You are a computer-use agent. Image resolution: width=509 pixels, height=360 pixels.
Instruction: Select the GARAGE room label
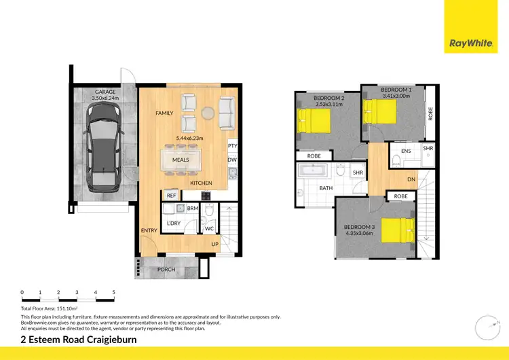pos(105,92)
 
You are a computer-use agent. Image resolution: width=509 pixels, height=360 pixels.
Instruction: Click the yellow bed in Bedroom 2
pos(314,122)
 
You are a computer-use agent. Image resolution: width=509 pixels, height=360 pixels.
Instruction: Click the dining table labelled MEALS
pos(180,160)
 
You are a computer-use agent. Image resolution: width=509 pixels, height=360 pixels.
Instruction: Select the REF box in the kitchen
pos(171,196)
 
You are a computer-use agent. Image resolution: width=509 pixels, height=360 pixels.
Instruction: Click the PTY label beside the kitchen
pos(233,146)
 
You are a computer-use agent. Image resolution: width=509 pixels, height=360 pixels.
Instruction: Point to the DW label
pos(233,160)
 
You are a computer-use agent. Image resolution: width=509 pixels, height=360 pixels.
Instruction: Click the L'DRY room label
pos(173,223)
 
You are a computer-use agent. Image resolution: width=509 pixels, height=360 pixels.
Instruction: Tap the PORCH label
pos(166,270)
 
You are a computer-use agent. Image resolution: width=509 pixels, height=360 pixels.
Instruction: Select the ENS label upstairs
pos(406,151)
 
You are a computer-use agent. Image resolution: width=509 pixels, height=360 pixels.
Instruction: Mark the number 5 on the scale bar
pos(113,292)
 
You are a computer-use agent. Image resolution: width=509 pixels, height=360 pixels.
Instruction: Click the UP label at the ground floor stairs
pos(215,243)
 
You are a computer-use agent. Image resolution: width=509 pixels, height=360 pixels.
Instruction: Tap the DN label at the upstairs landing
pos(411,179)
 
